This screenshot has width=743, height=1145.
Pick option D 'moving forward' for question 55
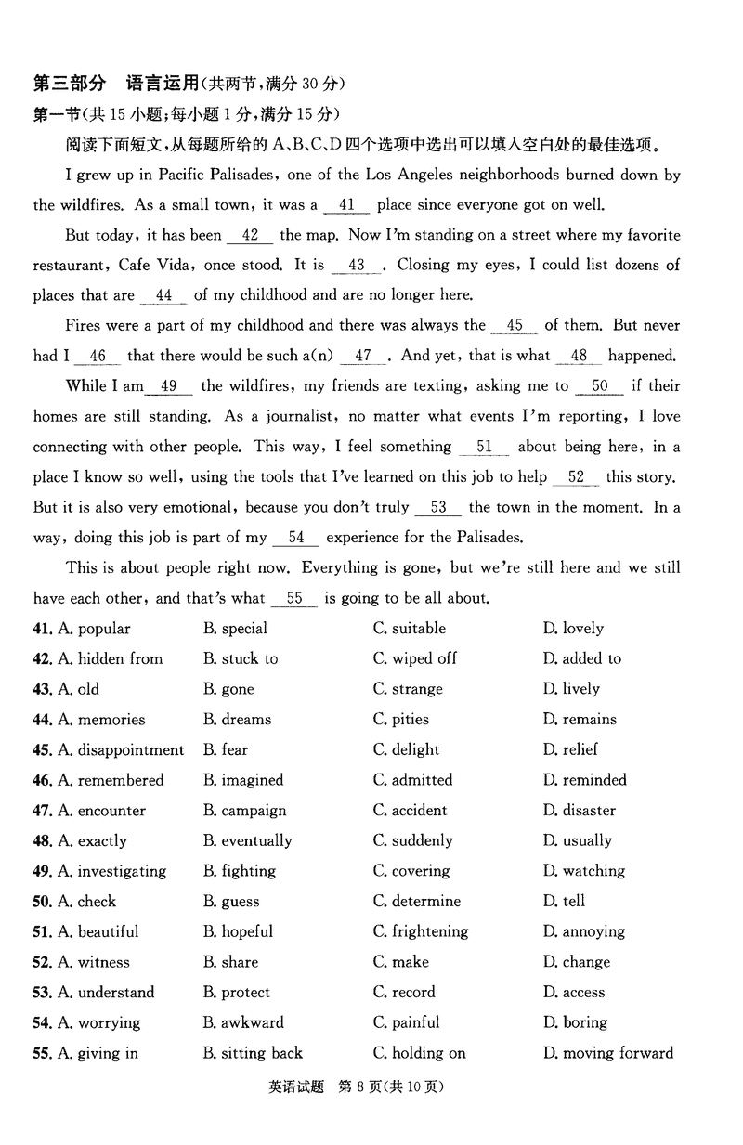pyautogui.click(x=608, y=1052)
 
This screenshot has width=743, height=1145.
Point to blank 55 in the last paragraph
pyautogui.click(x=295, y=599)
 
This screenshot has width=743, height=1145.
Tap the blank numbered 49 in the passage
pyautogui.click(x=169, y=386)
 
